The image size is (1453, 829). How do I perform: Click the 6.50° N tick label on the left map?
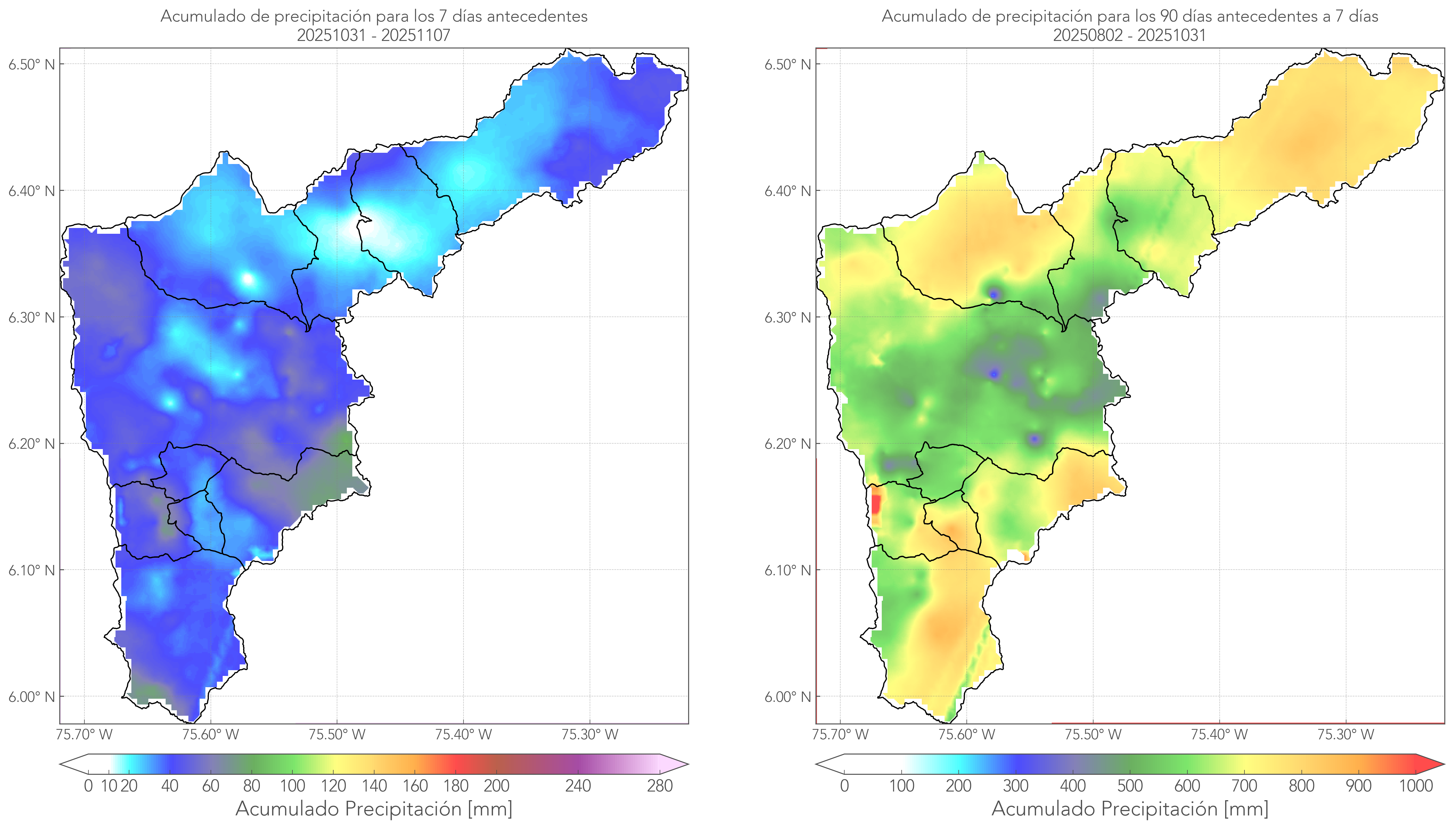pos(31,64)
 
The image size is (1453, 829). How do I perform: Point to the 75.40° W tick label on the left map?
pos(463,734)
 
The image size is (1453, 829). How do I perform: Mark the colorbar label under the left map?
pos(374,809)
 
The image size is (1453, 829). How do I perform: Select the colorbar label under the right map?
pos(1130,809)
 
